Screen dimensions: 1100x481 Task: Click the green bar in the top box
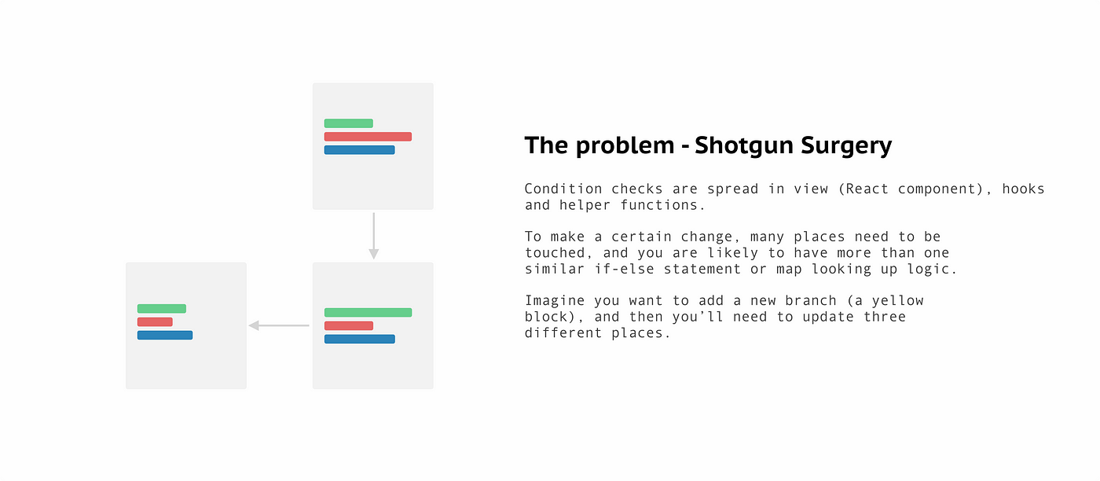pyautogui.click(x=348, y=123)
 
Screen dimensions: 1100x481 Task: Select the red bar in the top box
pyautogui.click(x=368, y=137)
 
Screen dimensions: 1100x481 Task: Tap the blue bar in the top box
pyautogui.click(x=360, y=150)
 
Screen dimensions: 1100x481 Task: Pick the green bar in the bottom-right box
pyautogui.click(x=368, y=313)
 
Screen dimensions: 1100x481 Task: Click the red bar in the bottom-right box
pyautogui.click(x=349, y=325)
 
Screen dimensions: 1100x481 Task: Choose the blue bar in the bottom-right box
pyautogui.click(x=360, y=339)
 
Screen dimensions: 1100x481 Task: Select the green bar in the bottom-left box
pyautogui.click(x=162, y=309)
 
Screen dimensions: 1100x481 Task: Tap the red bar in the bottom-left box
pyautogui.click(x=155, y=321)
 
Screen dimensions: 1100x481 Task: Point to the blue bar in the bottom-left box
pyautogui.click(x=165, y=335)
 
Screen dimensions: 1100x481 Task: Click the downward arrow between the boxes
pyautogui.click(x=374, y=236)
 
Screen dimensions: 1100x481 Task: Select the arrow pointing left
pyautogui.click(x=279, y=325)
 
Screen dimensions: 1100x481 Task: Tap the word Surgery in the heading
pyautogui.click(x=846, y=146)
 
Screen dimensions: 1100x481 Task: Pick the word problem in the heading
pyautogui.click(x=625, y=146)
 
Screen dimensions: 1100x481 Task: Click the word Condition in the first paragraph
pyautogui.click(x=563, y=189)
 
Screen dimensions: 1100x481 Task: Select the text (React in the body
pyautogui.click(x=863, y=189)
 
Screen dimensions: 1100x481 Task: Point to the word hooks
pyautogui.click(x=1023, y=189)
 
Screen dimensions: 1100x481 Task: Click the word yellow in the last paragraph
pyautogui.click(x=897, y=301)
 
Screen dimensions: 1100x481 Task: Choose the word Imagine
pyautogui.click(x=555, y=301)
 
